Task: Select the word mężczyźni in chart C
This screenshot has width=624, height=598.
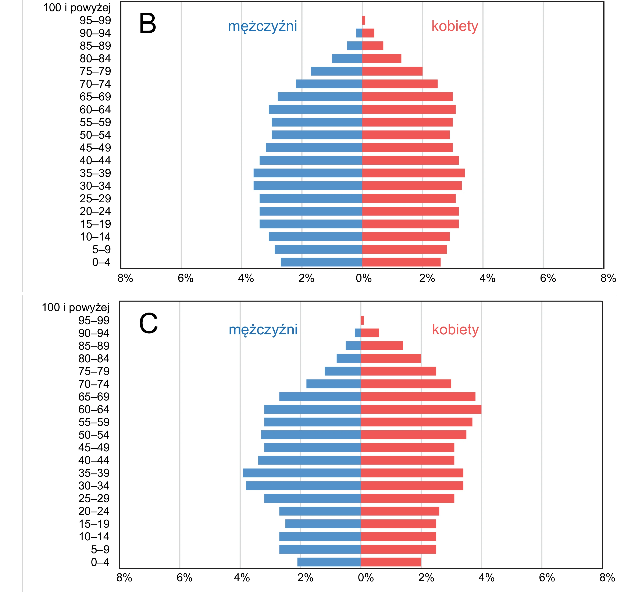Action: (x=263, y=330)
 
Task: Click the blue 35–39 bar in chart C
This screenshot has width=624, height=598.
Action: (x=302, y=473)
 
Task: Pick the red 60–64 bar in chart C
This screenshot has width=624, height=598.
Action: (x=421, y=409)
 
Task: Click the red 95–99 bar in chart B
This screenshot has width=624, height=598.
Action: (x=364, y=20)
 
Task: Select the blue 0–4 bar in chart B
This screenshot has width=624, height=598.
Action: (x=322, y=262)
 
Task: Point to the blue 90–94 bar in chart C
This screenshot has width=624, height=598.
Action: (x=357, y=333)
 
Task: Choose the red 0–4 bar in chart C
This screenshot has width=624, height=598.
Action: (x=391, y=562)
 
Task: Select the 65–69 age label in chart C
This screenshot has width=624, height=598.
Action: (x=94, y=397)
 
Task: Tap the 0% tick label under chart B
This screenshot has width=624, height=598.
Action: (x=364, y=278)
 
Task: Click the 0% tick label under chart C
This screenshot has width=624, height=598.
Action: (x=366, y=578)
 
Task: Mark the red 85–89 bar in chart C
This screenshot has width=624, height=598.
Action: (x=382, y=345)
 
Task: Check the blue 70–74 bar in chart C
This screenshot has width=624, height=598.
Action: (x=333, y=384)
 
